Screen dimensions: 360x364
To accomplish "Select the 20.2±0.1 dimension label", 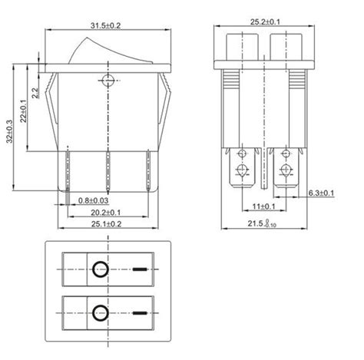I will (x=107, y=213).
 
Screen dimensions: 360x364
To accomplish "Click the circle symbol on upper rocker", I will (x=98, y=269).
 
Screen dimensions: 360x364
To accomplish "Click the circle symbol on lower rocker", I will (x=98, y=312).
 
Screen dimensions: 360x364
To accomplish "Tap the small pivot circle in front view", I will (x=107, y=79).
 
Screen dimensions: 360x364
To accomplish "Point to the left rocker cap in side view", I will (x=243, y=46).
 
